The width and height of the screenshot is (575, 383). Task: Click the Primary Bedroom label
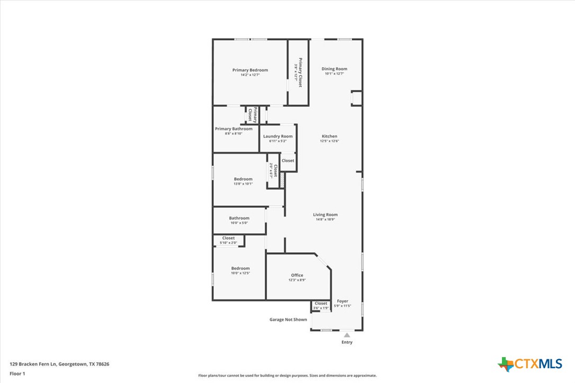250,70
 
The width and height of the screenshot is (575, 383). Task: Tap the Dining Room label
334,69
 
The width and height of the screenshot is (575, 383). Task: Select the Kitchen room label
329,136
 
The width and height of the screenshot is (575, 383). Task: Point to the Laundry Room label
277,136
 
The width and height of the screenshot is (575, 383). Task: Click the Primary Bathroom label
233,129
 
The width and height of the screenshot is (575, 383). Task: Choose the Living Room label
325,214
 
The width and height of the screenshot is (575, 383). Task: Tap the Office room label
297,275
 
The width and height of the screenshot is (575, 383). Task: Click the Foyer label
343,301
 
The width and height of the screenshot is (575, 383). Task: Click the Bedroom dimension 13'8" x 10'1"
243,184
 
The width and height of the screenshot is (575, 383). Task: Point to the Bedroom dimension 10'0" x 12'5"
240,273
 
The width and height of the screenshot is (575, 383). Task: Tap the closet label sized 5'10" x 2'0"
228,243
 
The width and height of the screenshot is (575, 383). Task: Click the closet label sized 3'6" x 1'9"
321,308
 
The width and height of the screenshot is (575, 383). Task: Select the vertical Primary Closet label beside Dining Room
299,72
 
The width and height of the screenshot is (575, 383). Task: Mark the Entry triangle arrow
347,335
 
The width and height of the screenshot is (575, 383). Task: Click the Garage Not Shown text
288,320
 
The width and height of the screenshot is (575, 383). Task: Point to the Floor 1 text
17,373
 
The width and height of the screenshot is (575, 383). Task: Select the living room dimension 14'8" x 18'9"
325,219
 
